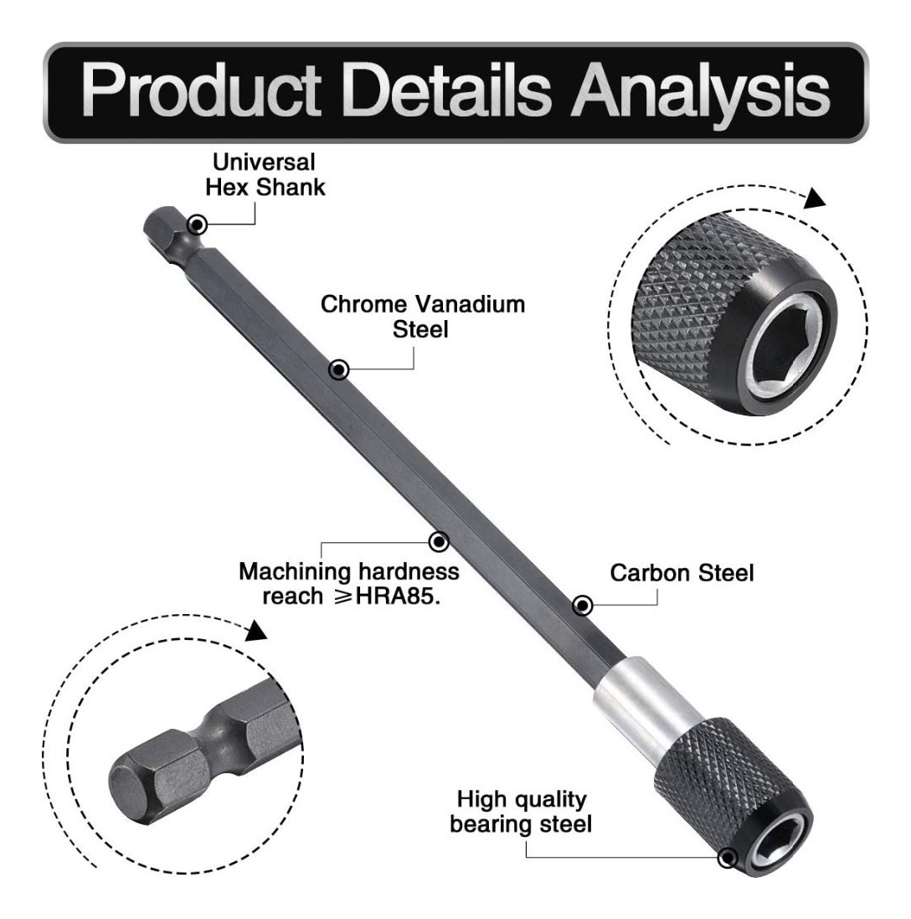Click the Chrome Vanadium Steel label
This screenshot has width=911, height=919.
pos(424,317)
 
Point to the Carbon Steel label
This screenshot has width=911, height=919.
pos(682,574)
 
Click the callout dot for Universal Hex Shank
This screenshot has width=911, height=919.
pos(198,225)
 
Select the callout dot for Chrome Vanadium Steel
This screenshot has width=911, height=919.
pos(338,369)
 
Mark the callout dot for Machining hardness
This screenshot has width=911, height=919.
pos(437,543)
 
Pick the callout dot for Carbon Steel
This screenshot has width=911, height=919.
pos(582,605)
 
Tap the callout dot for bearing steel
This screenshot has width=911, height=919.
pos(728,857)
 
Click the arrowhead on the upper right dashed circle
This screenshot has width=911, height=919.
pos(813,200)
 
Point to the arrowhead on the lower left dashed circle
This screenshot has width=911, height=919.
pos(255,630)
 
